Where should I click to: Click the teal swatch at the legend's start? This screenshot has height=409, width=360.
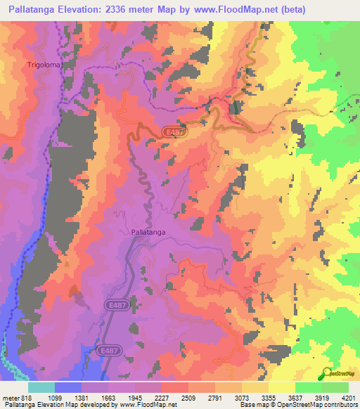pyautogui.click(x=41, y=387)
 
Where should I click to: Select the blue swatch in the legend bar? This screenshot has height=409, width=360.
pyautogui.click(x=68, y=387)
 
